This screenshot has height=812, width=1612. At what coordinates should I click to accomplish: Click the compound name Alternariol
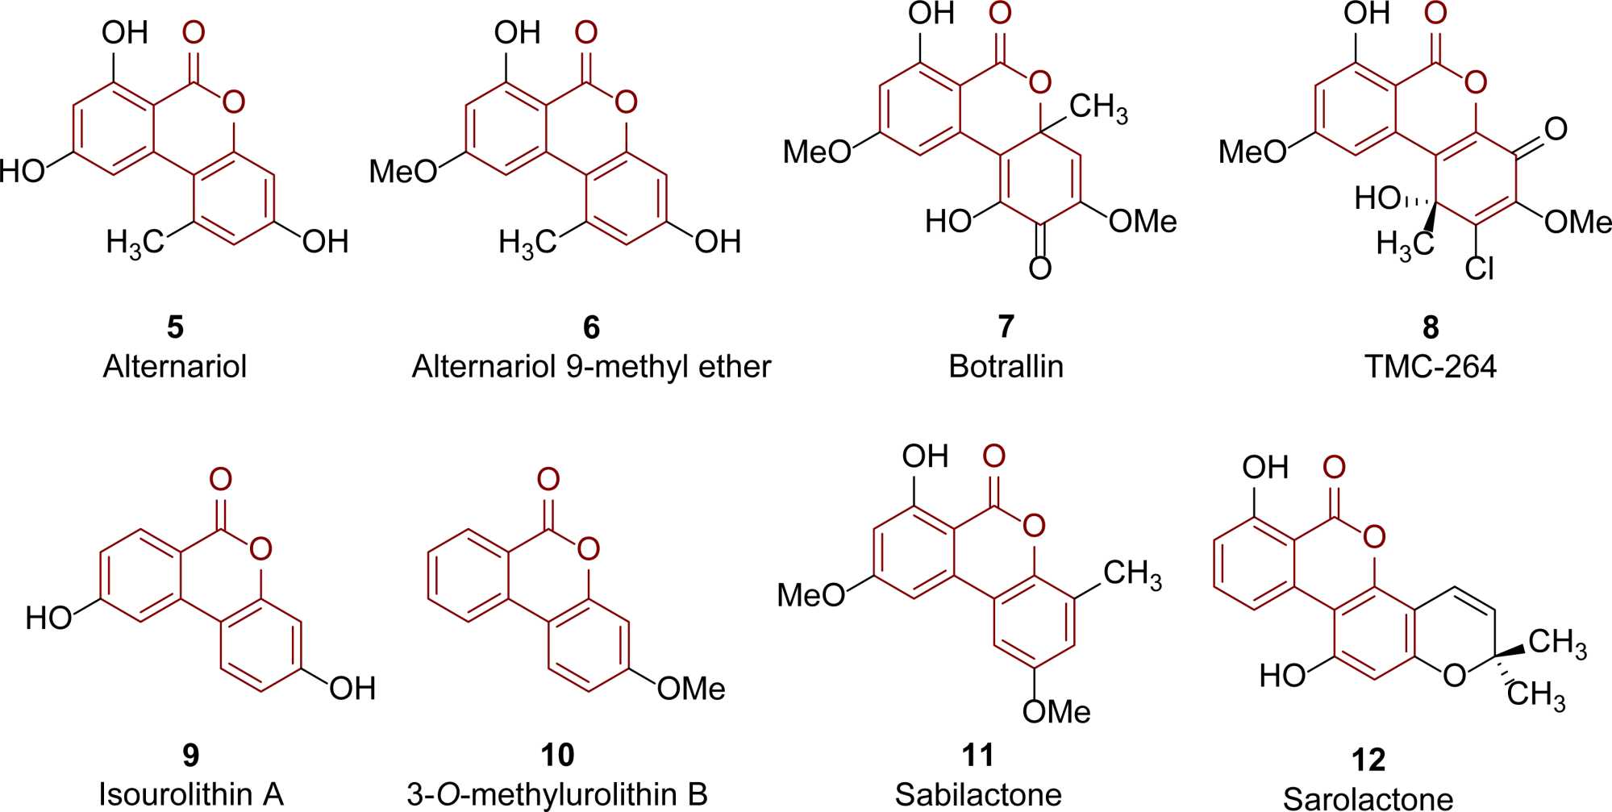pos(174,367)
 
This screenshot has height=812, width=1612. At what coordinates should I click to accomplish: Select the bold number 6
pos(591,327)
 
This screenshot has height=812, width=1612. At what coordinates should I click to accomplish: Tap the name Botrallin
pos(1006,367)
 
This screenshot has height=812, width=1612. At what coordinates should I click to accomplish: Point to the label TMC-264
pos(1430,367)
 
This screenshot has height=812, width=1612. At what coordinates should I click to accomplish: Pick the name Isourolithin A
pos(191,794)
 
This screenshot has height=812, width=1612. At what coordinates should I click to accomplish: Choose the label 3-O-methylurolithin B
pos(557,794)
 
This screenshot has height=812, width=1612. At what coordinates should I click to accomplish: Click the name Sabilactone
pos(978,794)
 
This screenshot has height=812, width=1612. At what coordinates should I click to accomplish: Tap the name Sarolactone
pos(1368,798)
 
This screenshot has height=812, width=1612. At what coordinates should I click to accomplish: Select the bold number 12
pos(1368,760)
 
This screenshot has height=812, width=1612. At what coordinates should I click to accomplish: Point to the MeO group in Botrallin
pos(817,151)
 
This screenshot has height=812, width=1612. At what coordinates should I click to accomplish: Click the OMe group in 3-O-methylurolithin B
pos(691,689)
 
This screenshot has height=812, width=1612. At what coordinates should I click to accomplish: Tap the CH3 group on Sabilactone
pos(1132,575)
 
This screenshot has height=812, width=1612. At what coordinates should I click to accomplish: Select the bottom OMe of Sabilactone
pos(1056,711)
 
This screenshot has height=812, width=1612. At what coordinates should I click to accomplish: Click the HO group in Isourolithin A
pos(48,618)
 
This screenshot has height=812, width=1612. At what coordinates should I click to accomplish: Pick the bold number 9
pos(191,756)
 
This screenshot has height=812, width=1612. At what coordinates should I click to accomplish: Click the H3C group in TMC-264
pos(1405,243)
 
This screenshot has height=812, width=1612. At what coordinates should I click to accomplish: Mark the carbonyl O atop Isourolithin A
pos(220,479)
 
